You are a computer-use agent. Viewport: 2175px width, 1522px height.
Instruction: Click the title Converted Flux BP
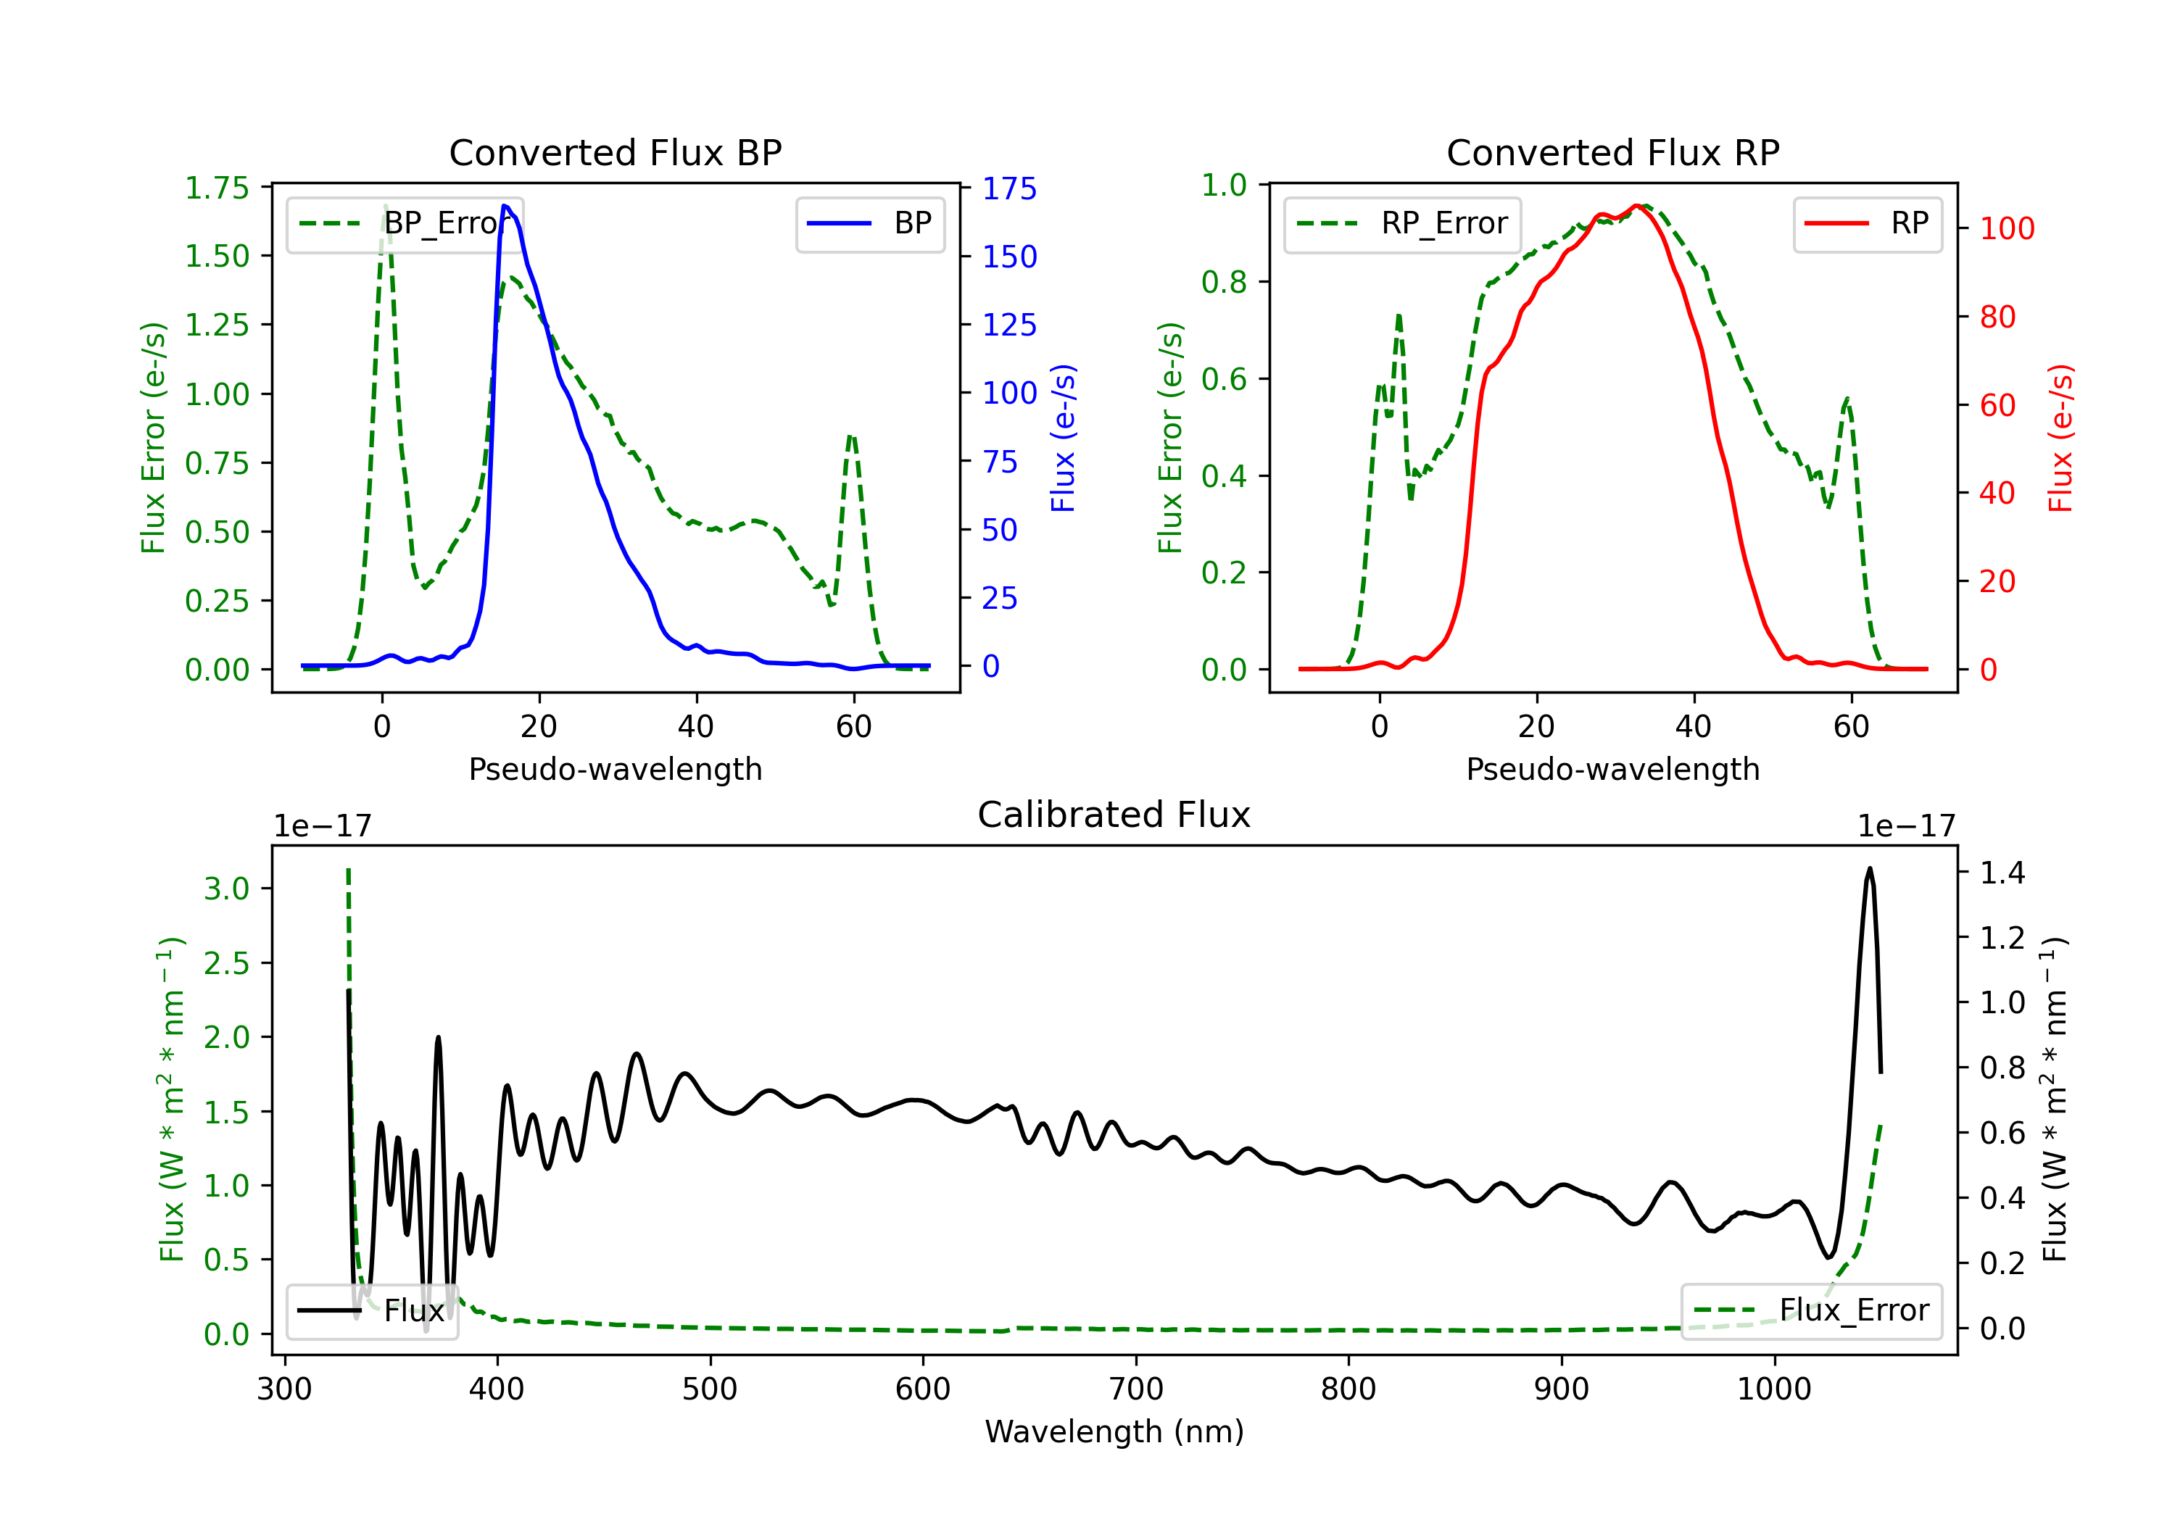615,152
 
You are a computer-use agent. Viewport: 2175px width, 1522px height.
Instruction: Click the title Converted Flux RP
1612,152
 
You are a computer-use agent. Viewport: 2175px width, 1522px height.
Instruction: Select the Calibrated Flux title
1114,815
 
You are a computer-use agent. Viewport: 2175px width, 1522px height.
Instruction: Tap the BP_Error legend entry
402,223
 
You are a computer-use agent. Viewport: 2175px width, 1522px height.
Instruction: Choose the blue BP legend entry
869,223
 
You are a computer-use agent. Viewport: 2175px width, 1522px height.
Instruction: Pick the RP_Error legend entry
1402,223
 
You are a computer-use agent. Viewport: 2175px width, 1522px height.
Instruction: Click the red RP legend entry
1867,223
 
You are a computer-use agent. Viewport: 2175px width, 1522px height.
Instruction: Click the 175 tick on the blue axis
1009,188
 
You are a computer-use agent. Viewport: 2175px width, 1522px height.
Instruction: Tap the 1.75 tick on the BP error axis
217,188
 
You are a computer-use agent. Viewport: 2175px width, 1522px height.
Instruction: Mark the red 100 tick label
2006,228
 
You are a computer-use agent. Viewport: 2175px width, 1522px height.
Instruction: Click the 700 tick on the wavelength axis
1136,1389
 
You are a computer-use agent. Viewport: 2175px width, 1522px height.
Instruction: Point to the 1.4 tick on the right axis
2002,873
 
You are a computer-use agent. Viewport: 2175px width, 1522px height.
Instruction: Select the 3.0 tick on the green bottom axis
226,889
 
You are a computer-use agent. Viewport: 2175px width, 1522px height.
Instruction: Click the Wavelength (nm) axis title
1114,1431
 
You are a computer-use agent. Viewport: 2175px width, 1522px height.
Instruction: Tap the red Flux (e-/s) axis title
2060,438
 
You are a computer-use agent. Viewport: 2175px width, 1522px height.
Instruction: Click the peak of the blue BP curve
505,206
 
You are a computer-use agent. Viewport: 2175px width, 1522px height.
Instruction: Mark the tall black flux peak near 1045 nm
1869,868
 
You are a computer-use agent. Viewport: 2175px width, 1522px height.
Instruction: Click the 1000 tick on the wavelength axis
1773,1389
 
